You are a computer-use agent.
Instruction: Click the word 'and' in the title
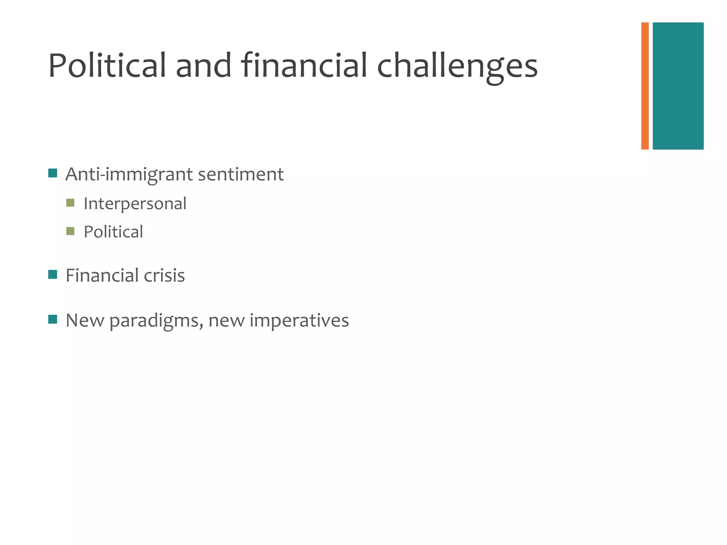click(x=203, y=66)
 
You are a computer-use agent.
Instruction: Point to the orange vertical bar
click(x=645, y=86)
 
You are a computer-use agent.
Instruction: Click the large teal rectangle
click(x=678, y=86)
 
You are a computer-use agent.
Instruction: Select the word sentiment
click(x=241, y=174)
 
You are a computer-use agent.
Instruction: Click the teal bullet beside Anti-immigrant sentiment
click(x=53, y=173)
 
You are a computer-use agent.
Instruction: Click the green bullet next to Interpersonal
click(x=70, y=203)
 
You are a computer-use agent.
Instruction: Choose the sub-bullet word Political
click(x=113, y=232)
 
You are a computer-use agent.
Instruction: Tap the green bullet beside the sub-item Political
click(x=70, y=231)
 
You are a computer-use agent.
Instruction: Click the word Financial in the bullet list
click(x=102, y=275)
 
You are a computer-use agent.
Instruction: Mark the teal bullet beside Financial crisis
click(x=53, y=274)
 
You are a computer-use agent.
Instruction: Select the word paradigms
click(x=156, y=321)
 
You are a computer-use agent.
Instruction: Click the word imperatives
click(x=299, y=321)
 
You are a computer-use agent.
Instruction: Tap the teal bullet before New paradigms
click(x=53, y=319)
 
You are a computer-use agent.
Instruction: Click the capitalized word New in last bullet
click(x=85, y=320)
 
